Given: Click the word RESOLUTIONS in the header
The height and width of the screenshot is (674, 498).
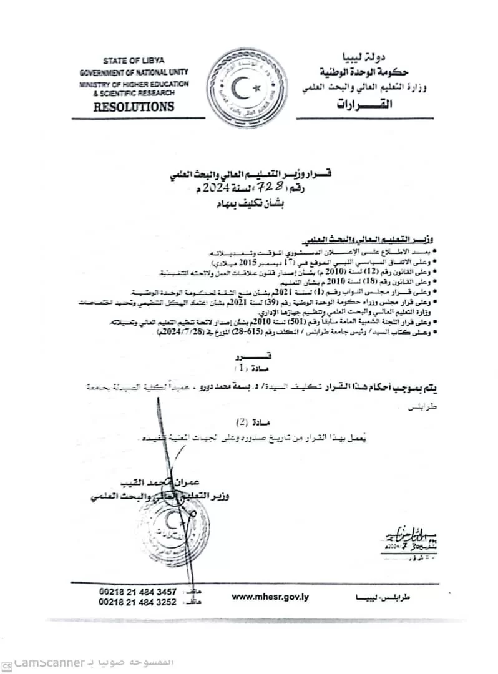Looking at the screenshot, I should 134,107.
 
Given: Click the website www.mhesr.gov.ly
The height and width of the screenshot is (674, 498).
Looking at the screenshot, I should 270,597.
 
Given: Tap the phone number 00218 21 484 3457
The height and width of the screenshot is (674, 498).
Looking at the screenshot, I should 137,592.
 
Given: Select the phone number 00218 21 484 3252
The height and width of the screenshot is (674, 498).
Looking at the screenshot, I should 137,602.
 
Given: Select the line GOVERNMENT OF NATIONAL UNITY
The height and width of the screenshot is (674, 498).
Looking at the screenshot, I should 134,72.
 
